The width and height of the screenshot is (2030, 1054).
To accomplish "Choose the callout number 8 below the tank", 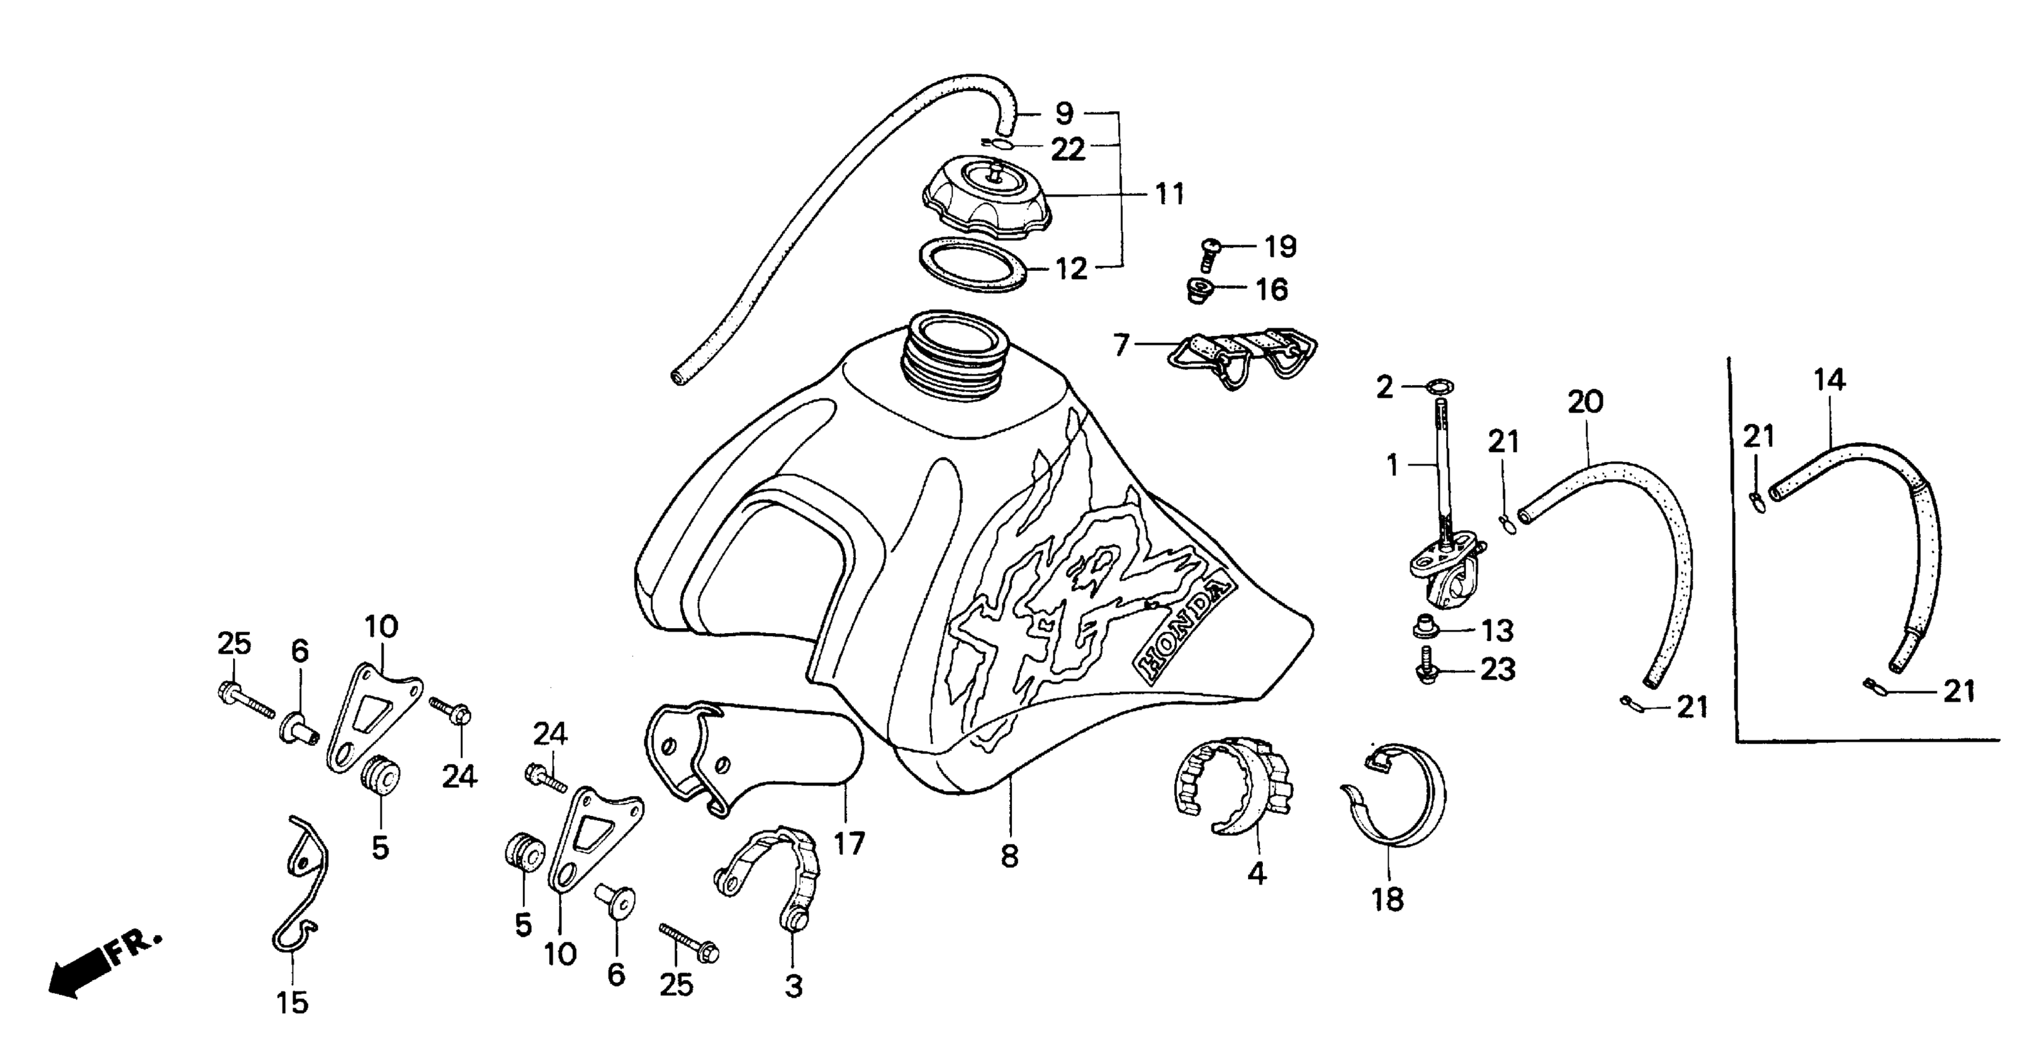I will click(1009, 856).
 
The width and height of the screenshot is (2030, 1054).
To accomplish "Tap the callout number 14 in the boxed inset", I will click(1829, 381).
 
